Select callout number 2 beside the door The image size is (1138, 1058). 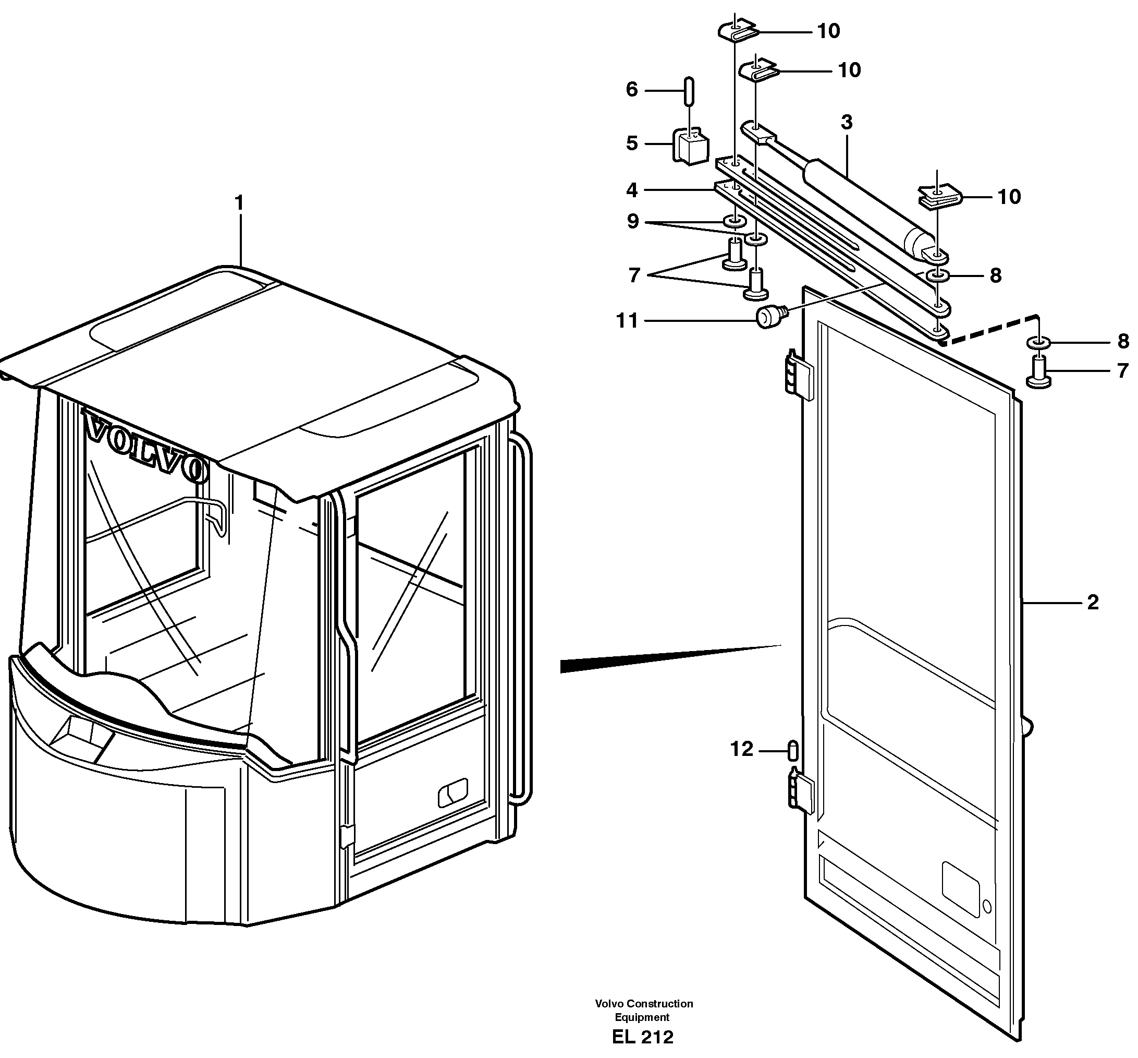click(1092, 602)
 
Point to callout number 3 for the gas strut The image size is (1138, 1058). click(847, 122)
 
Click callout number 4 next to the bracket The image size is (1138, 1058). click(632, 189)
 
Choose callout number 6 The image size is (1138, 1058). click(632, 89)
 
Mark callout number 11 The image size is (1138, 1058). click(627, 321)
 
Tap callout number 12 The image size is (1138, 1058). click(742, 749)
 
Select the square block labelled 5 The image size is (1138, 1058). click(690, 147)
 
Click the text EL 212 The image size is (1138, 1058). click(643, 1037)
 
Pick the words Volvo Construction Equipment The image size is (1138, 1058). click(644, 1010)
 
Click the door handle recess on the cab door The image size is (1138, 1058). click(453, 793)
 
